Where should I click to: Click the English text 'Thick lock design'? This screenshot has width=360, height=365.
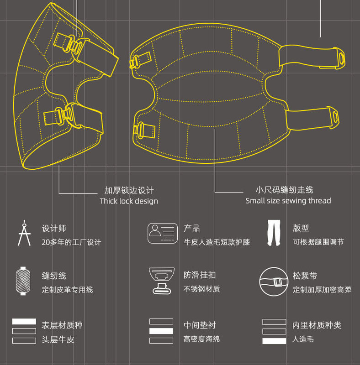[x=129, y=201]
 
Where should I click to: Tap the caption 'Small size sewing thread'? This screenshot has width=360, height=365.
[x=288, y=201]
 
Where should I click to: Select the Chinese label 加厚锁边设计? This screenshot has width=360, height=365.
[x=129, y=190]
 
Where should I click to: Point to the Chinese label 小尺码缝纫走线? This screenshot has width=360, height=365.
[x=284, y=190]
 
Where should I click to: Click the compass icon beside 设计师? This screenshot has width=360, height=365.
[x=24, y=233]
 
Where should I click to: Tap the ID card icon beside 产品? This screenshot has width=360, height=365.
[x=162, y=233]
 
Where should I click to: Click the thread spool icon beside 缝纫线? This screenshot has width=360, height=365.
[x=23, y=281]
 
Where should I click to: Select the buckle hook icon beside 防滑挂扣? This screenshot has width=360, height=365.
[x=162, y=281]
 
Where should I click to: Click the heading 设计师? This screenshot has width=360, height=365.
[x=54, y=228]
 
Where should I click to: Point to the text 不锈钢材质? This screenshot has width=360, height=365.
[x=201, y=289]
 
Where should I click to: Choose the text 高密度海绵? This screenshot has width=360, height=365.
[x=201, y=339]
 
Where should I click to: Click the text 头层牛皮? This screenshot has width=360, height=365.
[x=58, y=339]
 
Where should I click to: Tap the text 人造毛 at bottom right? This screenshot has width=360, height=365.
[x=303, y=339]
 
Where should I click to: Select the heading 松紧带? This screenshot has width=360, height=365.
[x=305, y=276]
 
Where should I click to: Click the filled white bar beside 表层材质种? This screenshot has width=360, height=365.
[x=24, y=322]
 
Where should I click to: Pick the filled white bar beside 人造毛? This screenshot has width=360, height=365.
[x=274, y=341]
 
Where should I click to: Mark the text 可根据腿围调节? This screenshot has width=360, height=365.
[x=318, y=242]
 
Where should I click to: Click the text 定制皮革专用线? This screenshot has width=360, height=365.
[x=68, y=289]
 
